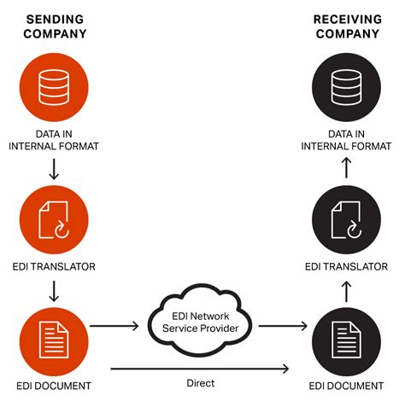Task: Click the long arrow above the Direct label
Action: coord(200,369)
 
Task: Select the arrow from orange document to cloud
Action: coord(114,325)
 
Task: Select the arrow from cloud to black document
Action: coord(283,325)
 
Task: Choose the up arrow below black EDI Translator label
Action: coord(346,293)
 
